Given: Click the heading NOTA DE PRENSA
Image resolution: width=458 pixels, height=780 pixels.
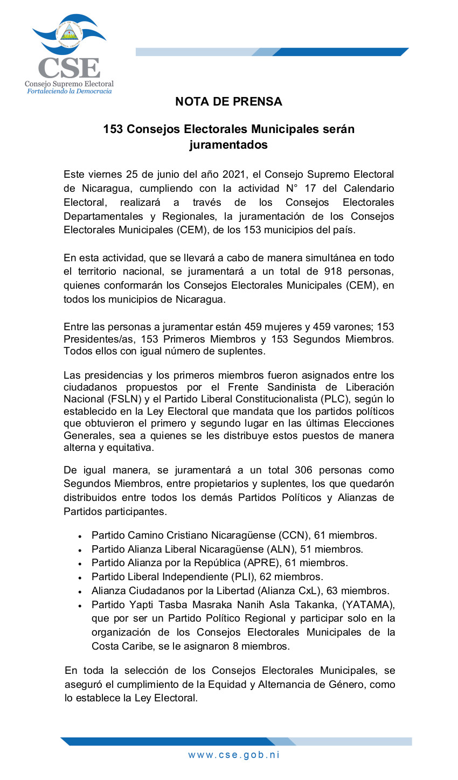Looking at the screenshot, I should tap(228, 101).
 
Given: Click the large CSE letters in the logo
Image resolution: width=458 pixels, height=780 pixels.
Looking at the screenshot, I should tap(68, 68).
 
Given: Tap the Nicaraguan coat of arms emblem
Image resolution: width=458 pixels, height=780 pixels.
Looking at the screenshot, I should tap(68, 33).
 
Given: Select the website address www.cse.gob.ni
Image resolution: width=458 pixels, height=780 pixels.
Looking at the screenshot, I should tap(234, 755).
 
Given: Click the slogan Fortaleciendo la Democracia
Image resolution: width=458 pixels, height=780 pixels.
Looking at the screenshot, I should tap(70, 91).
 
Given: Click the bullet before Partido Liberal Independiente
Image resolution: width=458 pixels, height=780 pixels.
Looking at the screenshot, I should tap(80, 577).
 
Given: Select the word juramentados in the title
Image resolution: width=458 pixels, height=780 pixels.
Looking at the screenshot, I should tap(228, 145).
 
